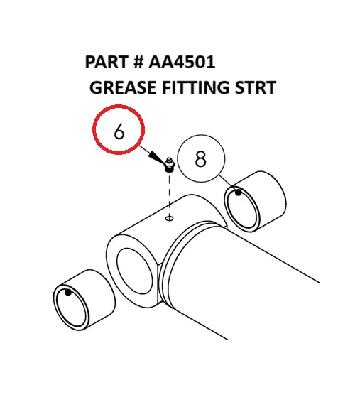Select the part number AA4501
click(182, 63)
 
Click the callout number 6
click(119, 132)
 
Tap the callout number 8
click(200, 159)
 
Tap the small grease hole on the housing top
click(169, 219)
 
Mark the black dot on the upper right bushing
click(240, 192)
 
